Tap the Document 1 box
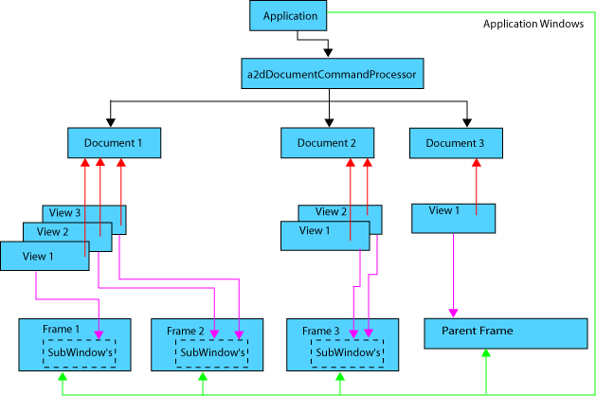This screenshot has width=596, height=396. click(x=114, y=143)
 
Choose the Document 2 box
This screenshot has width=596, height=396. click(x=327, y=143)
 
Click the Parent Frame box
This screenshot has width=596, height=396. click(x=505, y=333)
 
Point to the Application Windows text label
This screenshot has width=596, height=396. click(x=533, y=25)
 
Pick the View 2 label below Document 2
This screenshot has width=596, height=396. click(x=332, y=212)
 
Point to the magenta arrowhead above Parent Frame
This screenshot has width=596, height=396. click(x=453, y=313)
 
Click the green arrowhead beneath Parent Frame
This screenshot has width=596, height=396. click(x=486, y=353)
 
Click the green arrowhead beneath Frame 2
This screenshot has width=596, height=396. click(x=203, y=377)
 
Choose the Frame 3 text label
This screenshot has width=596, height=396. click(x=321, y=331)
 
